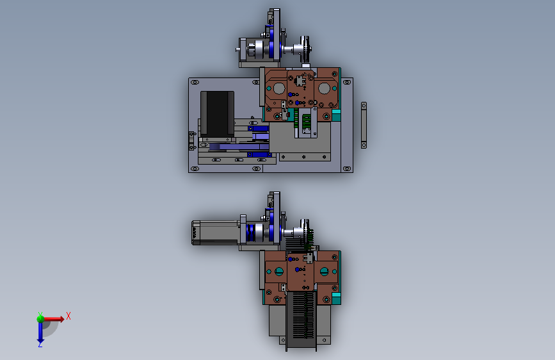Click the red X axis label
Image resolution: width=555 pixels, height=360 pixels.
(x=68, y=316)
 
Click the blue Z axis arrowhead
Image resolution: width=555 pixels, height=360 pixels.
(x=40, y=342)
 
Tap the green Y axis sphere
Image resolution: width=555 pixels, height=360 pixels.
(x=40, y=318)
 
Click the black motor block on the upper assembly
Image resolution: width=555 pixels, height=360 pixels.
(x=217, y=113)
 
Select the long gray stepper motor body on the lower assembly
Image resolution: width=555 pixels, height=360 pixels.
(x=216, y=233)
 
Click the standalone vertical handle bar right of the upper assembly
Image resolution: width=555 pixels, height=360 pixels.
(x=364, y=125)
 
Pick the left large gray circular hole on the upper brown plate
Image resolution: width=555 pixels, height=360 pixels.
(x=279, y=88)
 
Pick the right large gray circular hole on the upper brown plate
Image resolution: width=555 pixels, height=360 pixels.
(x=324, y=88)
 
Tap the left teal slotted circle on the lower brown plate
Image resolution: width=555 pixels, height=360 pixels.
(x=279, y=272)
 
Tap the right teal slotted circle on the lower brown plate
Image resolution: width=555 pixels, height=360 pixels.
(x=324, y=272)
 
